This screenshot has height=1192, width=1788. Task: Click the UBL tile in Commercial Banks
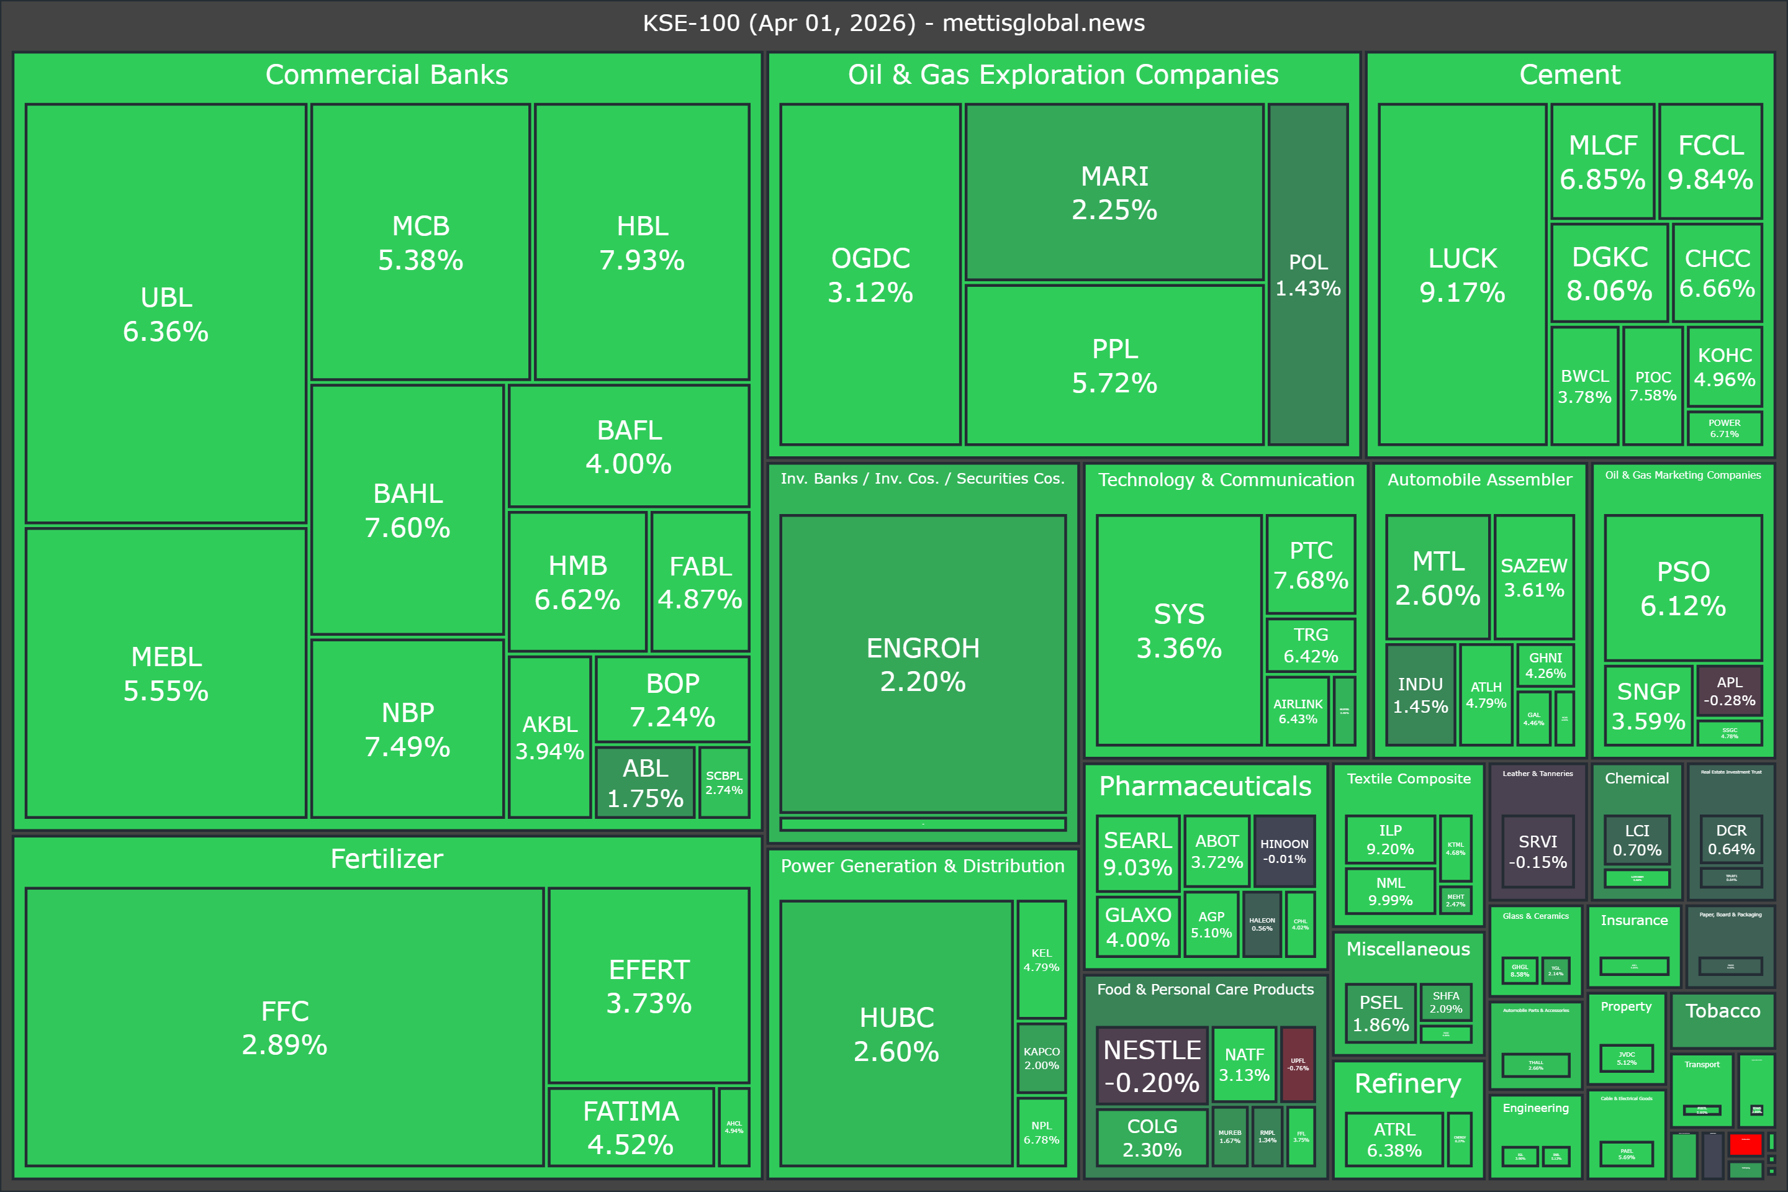click(166, 313)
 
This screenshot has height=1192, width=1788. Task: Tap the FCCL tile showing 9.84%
click(1710, 162)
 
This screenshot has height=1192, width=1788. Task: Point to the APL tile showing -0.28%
click(1730, 691)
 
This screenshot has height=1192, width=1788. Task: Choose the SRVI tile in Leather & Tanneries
click(1537, 851)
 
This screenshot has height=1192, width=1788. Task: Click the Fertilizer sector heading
click(386, 859)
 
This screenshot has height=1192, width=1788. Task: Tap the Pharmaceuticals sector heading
click(1205, 786)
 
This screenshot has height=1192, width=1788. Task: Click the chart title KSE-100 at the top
click(893, 23)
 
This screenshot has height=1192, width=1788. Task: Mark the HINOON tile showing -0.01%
click(1284, 851)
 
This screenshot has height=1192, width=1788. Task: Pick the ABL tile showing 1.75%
click(644, 782)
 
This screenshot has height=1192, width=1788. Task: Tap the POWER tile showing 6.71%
click(1724, 428)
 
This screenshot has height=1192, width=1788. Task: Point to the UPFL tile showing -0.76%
click(1298, 1063)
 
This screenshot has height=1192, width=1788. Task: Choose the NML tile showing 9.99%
click(1389, 891)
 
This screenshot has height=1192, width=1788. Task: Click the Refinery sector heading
click(1408, 1083)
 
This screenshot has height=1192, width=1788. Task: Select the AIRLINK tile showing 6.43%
click(1298, 711)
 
